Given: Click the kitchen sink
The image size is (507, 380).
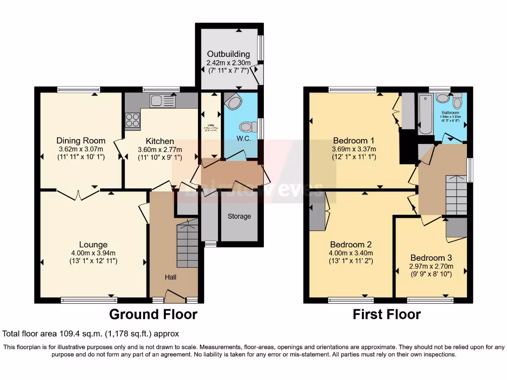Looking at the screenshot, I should coord(162,102).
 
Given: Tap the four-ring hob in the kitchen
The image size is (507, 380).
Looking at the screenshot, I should coord(133,121).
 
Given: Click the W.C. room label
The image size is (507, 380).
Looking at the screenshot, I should coord(244,139).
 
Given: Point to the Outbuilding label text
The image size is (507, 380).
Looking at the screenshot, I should coord(228,54).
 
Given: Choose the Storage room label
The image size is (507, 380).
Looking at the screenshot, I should coord(239,216).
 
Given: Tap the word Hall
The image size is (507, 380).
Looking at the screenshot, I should coord(170,277).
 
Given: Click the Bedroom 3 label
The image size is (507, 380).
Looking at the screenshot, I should coord(431,258).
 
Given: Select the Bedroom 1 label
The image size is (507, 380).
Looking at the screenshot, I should coord(354,140).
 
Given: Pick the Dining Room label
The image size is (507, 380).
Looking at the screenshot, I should coord(81,141).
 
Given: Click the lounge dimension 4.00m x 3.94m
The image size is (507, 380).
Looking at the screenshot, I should coord(93,253).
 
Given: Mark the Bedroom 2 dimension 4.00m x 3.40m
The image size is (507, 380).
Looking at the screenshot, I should coord(351,253).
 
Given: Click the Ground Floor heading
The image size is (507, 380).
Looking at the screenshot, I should coord(153,314).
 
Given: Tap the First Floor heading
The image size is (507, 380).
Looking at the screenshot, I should coord(387,314).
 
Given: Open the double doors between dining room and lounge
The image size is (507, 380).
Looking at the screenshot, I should coord(77,194).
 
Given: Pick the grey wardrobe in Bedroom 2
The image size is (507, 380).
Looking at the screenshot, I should coord(317,212).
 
